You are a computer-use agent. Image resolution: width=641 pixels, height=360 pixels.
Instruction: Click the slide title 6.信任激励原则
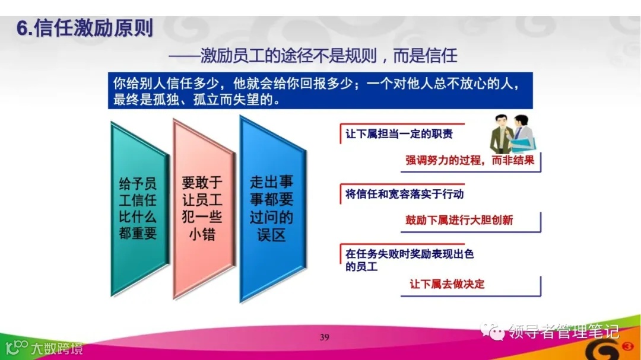point(85,28)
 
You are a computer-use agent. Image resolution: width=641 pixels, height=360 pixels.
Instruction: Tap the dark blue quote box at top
point(320,91)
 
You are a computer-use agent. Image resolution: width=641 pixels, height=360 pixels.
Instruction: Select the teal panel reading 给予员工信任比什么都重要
point(138,208)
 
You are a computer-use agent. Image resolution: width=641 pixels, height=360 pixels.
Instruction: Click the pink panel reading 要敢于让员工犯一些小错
point(202,208)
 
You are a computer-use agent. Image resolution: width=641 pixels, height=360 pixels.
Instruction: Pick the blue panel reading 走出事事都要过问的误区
point(271,208)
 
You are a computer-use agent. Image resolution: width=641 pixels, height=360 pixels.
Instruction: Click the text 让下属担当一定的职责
point(399,134)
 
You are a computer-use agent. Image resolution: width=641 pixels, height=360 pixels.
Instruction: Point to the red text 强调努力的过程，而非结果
point(470,160)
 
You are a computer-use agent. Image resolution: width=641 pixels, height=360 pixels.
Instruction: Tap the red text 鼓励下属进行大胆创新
point(459,221)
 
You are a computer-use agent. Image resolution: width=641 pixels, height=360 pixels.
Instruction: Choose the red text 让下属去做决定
point(447,284)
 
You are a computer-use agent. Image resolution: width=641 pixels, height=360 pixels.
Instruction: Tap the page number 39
point(324,337)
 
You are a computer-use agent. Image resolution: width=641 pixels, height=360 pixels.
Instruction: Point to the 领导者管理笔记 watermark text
point(563,331)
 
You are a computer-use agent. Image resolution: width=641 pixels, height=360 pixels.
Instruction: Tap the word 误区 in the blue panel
point(271,234)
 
